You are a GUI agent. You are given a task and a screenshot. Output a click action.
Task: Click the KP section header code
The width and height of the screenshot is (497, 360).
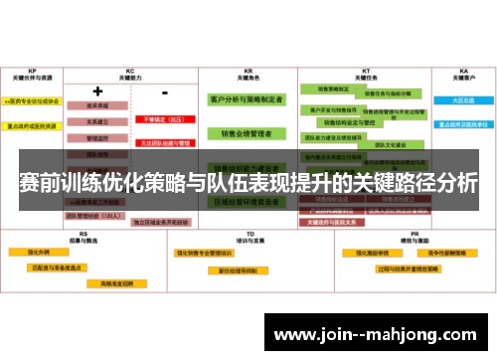[x=33, y=72]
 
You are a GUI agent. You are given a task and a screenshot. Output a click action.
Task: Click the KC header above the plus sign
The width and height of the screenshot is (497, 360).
[x=129, y=72]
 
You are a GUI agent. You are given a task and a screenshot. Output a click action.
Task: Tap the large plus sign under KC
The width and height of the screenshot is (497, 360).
[x=97, y=91]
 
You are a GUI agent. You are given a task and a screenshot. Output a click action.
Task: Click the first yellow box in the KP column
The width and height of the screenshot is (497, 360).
[x=33, y=101]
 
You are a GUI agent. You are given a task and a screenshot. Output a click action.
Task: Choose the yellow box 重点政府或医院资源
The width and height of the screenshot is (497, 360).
[x=33, y=125]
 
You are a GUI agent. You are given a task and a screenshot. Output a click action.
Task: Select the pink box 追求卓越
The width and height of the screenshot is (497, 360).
[x=97, y=104]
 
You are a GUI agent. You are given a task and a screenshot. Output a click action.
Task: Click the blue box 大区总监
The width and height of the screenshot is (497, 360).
[x=463, y=100]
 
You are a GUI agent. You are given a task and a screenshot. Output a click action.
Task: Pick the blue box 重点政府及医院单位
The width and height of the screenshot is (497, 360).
[x=463, y=125]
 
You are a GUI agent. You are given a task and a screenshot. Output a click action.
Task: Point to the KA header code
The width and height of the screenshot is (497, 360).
[x=463, y=72]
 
